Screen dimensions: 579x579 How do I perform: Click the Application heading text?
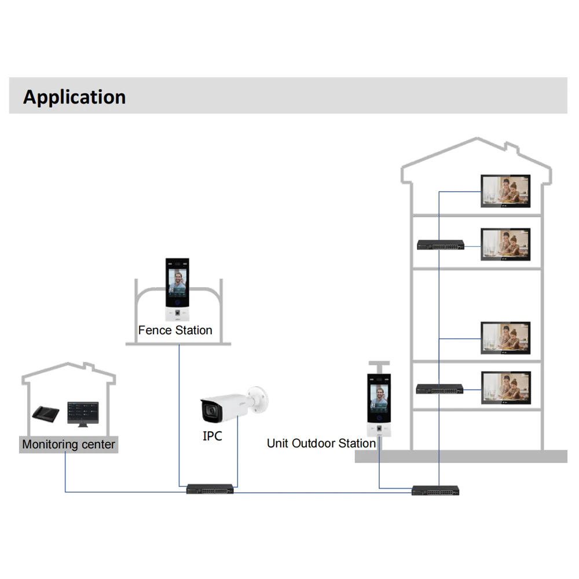(74, 97)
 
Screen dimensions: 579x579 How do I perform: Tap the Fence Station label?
(175, 330)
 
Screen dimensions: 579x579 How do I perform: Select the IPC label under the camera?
(212, 436)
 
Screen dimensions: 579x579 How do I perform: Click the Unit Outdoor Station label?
(321, 444)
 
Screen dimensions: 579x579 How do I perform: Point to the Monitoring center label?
(68, 445)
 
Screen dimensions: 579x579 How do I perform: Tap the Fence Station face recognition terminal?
(177, 290)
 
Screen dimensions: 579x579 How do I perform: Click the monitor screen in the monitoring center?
(83, 412)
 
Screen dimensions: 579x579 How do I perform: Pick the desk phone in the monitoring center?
(45, 413)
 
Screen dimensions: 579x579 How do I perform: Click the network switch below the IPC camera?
(210, 489)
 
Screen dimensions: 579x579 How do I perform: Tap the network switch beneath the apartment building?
(435, 490)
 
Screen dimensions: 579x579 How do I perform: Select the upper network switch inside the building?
(440, 245)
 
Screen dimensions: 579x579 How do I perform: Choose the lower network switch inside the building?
(439, 389)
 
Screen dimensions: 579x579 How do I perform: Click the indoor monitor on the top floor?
(505, 190)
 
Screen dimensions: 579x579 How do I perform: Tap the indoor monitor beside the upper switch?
(505, 244)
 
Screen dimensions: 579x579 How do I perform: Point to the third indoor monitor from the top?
(505, 338)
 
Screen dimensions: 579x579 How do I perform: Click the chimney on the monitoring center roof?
(88, 368)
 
